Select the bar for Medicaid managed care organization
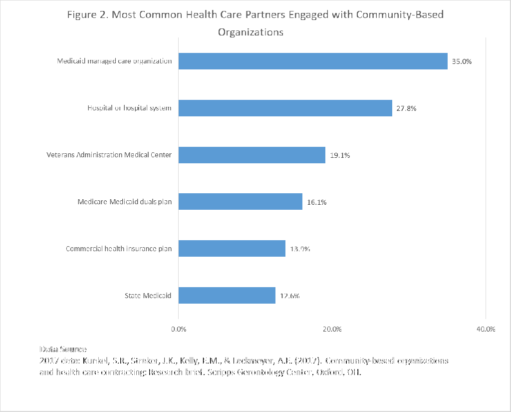[x=313, y=61]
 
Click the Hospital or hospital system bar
[x=285, y=108]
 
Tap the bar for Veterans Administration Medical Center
[x=252, y=155]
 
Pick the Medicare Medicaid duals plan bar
[x=240, y=202]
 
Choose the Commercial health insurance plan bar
[x=232, y=248]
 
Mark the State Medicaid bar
[x=227, y=295]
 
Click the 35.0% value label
[x=462, y=62]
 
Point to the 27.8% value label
[x=406, y=108]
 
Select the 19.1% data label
[x=339, y=155]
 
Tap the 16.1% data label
[x=316, y=202]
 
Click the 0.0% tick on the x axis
[x=179, y=329]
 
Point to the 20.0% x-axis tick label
[x=332, y=329]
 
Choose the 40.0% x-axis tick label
[x=486, y=329]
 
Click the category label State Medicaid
[x=148, y=296]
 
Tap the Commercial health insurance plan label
[x=119, y=249]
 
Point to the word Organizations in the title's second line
[x=251, y=32]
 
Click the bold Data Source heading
[x=63, y=350]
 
